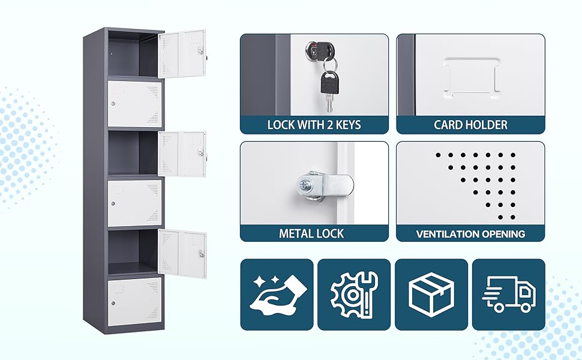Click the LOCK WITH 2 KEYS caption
314,125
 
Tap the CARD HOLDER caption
470,125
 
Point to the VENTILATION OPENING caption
470,233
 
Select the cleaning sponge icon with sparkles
277,294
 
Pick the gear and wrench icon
354,294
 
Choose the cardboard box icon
431,294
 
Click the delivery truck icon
508,294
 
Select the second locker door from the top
134,104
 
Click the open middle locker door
182,154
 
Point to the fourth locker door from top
134,203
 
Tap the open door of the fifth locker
182,253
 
